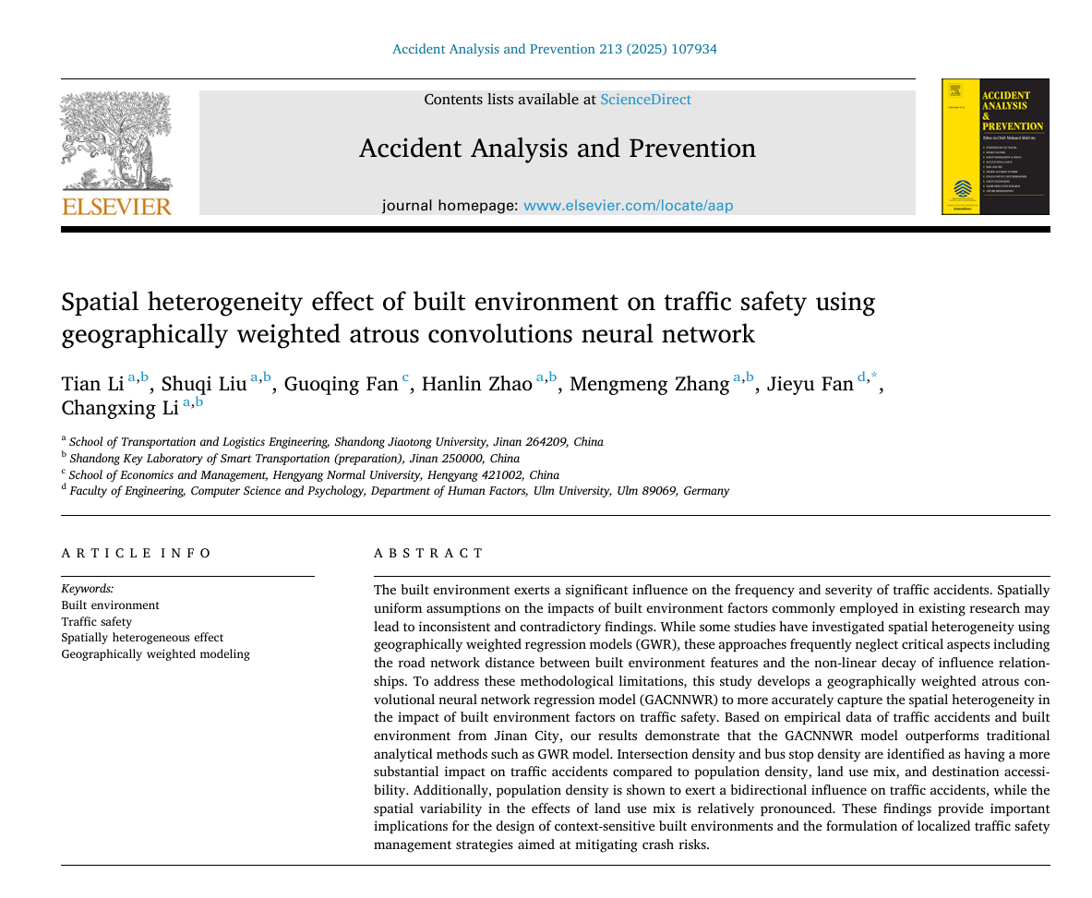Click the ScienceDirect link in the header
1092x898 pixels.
645,100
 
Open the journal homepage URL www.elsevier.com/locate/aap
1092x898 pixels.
628,206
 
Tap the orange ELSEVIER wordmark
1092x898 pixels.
116,206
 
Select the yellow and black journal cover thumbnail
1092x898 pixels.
994,147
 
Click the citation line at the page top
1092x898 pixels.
554,49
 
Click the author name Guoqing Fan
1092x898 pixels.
341,384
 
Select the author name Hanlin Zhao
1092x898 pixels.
476,384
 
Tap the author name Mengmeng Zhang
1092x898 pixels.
649,384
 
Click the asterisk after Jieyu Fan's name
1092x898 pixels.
874,377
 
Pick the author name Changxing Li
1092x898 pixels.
119,408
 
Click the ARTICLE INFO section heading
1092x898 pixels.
137,553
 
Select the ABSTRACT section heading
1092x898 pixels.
428,553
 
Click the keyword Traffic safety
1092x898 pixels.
96,622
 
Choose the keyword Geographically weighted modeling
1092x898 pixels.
155,654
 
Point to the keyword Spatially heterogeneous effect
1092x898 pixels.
142,638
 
